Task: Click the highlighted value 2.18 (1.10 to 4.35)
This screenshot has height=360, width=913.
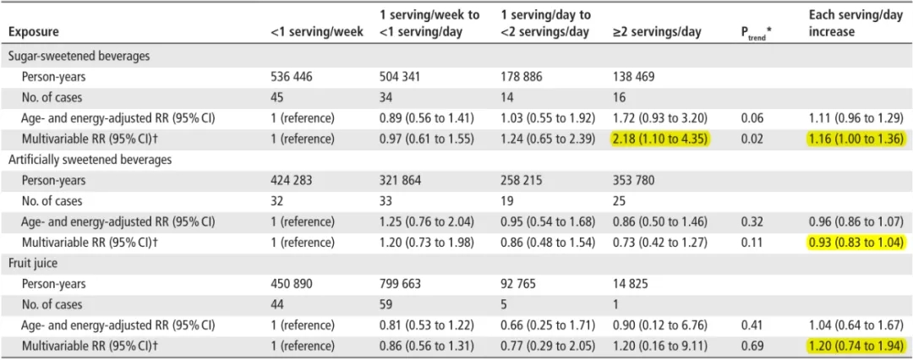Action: pos(660,139)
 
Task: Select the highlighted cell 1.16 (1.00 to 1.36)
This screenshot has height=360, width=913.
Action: pos(856,139)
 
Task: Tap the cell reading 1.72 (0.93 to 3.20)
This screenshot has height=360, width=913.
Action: pos(660,117)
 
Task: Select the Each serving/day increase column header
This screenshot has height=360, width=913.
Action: pos(855,24)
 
